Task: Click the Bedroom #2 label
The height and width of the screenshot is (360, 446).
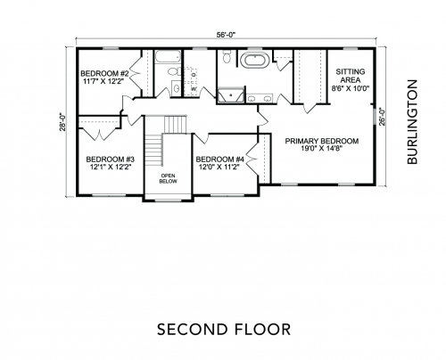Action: (104, 78)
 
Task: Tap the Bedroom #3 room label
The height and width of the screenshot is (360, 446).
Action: (111, 163)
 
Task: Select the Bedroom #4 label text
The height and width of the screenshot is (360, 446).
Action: (219, 163)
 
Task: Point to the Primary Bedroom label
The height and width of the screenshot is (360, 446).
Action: (322, 144)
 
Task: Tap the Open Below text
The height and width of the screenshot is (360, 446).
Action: (168, 178)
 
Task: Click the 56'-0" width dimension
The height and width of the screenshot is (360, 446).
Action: (226, 35)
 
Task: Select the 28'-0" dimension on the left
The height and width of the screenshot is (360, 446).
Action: (62, 121)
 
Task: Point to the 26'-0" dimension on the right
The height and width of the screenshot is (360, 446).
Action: (382, 117)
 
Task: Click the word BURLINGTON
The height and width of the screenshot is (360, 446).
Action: (413, 122)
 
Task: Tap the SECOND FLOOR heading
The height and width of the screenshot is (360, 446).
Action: (224, 330)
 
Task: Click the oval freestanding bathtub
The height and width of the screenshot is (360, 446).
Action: (257, 60)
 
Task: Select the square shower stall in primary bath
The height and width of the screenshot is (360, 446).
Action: (230, 95)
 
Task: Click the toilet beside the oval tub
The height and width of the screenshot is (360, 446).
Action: (227, 56)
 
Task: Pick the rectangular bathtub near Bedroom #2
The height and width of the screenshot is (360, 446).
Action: (168, 56)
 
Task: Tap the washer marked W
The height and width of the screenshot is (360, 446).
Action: (192, 89)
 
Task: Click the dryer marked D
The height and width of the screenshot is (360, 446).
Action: (192, 74)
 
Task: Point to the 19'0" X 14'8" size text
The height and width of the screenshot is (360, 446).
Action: (322, 149)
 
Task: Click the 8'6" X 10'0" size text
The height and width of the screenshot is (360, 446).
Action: (351, 88)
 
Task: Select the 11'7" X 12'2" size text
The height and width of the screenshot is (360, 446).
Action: (104, 81)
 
